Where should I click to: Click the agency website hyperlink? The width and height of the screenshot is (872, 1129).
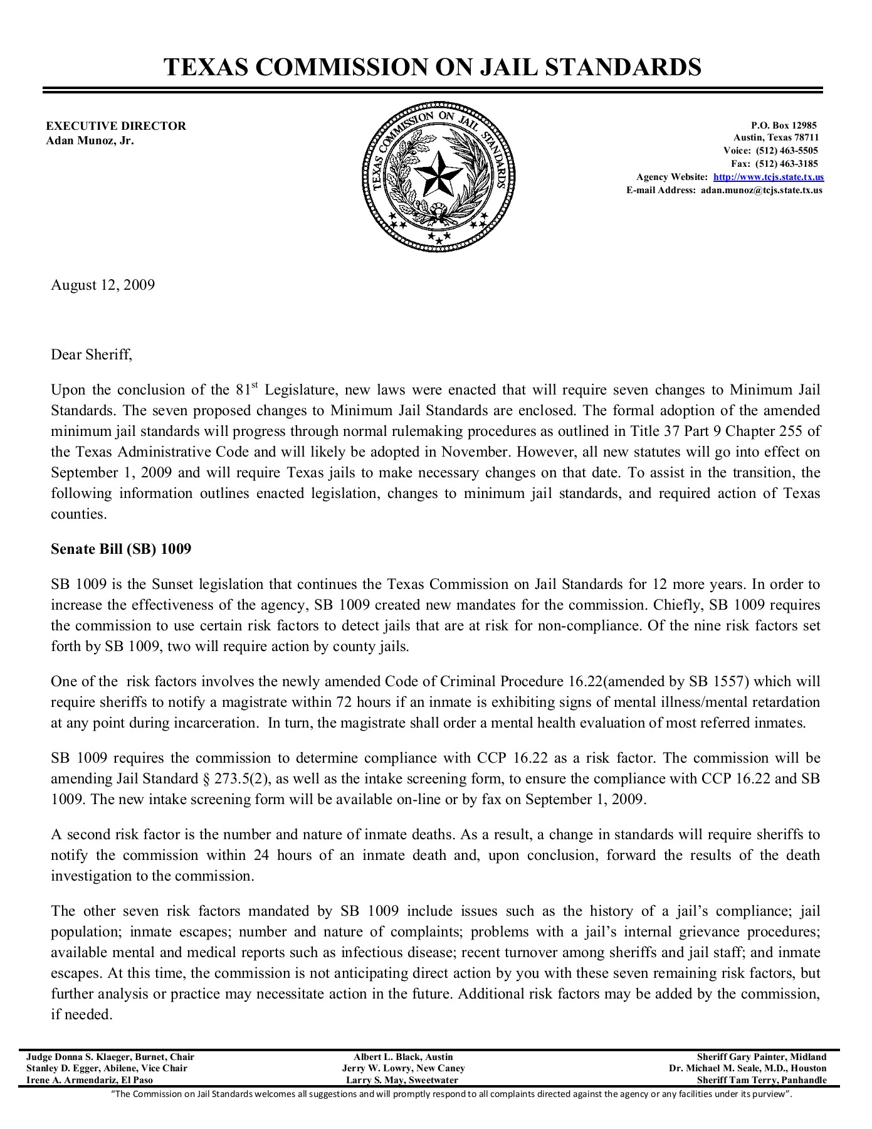(x=769, y=178)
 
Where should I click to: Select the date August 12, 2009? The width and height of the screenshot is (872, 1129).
(x=103, y=285)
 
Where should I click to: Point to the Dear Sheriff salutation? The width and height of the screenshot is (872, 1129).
(x=92, y=355)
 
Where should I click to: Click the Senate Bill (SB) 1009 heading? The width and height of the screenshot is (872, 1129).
(x=121, y=549)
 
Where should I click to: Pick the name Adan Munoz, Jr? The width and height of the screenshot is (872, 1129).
(x=90, y=140)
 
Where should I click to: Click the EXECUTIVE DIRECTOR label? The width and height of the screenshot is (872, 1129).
(x=116, y=126)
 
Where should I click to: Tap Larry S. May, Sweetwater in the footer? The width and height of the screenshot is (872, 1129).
(x=402, y=1080)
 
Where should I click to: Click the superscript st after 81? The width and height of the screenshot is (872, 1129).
(x=255, y=385)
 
